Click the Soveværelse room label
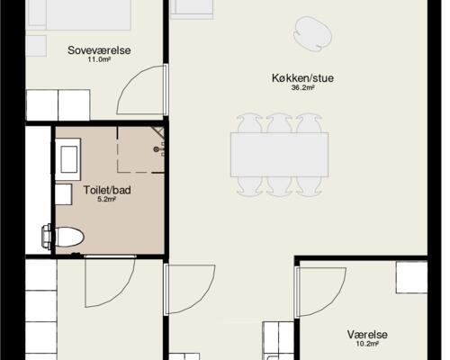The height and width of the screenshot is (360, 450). point(99,50)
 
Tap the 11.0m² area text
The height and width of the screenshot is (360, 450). point(98,60)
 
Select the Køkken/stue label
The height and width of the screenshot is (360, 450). point(302,77)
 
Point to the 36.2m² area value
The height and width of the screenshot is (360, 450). point(302,88)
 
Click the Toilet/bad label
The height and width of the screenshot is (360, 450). point(107,191)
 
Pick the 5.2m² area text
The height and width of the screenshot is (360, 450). point(107,201)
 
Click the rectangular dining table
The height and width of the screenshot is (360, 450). point(279,155)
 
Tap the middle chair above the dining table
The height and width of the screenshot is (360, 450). point(279,124)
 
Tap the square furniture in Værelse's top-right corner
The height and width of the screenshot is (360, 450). point(412,276)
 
